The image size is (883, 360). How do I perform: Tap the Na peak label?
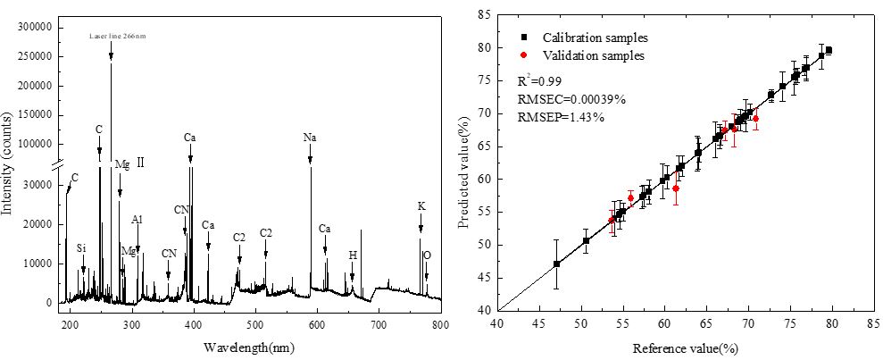tap(310, 138)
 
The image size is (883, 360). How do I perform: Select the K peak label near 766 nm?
tap(421, 205)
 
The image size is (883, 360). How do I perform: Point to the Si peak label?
tap(82, 247)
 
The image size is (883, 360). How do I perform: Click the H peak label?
tap(353, 255)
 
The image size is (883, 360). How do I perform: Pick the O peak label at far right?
tap(427, 255)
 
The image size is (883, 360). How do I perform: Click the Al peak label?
tap(137, 219)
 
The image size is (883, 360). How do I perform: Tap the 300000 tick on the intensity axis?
tap(35, 28)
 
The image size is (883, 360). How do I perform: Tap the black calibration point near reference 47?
tap(556, 264)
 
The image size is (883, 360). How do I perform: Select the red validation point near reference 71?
tap(755, 118)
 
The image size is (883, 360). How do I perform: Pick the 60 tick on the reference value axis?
tap(664, 325)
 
